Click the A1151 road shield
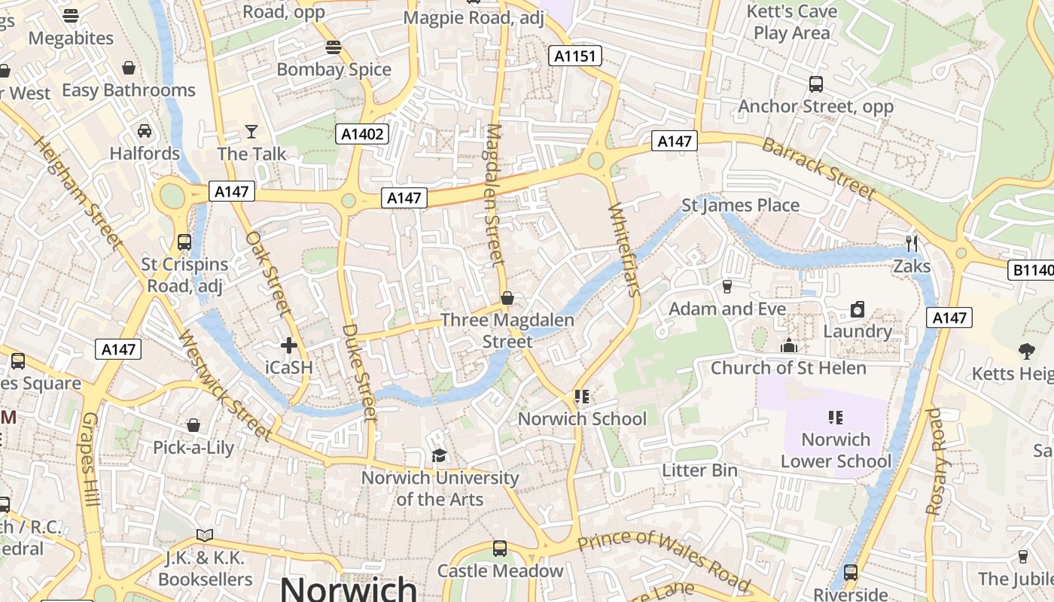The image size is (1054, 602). click(x=574, y=56)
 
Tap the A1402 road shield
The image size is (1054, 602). click(x=362, y=135)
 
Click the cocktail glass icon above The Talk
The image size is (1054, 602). click(x=251, y=132)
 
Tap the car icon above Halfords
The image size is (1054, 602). click(x=145, y=131)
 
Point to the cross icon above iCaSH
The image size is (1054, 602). click(x=288, y=345)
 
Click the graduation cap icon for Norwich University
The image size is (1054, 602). click(x=439, y=455)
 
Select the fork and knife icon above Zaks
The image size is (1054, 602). click(x=912, y=243)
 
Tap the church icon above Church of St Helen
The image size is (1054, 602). click(x=789, y=345)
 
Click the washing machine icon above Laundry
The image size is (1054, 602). click(x=857, y=309)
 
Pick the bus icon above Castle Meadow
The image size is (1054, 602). click(x=500, y=549)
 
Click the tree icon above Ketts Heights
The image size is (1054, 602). click(x=1026, y=351)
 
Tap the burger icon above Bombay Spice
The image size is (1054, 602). click(x=334, y=47)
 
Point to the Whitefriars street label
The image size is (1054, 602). click(x=623, y=249)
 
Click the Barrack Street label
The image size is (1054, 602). click(x=818, y=169)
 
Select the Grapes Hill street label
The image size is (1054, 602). click(x=91, y=459)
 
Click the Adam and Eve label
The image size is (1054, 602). click(x=727, y=309)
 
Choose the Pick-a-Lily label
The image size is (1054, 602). click(x=193, y=448)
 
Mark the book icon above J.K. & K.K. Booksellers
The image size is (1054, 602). click(x=205, y=536)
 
